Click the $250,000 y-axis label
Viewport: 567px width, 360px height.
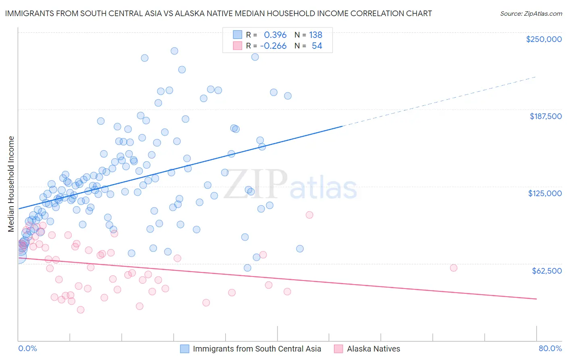544,39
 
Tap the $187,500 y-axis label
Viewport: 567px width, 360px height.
546,116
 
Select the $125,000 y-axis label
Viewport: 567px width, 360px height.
545,193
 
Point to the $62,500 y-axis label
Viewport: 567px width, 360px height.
547,271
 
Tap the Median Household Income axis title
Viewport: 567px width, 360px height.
11,184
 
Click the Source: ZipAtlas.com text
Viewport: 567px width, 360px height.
531,14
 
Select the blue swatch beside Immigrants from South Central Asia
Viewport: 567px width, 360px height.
185,349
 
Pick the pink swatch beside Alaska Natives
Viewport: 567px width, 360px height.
339,349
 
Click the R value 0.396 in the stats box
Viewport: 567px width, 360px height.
275,35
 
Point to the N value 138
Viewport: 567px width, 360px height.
316,35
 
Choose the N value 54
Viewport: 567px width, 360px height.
317,46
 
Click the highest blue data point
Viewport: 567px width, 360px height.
174,51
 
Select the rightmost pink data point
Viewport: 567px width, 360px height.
453,268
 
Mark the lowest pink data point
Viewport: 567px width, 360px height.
81,310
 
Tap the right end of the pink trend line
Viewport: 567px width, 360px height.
536,299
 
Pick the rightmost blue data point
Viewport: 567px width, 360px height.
300,249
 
